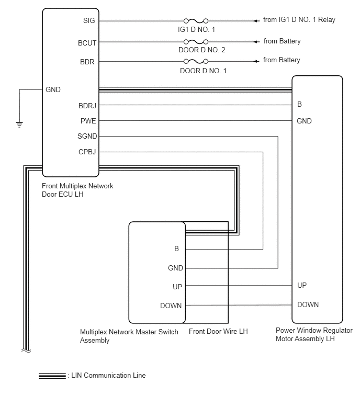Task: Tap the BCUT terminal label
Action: pos(86,42)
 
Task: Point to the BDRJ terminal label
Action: pos(86,105)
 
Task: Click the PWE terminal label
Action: pos(87,121)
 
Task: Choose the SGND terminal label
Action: pos(86,137)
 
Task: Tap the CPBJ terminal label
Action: pos(86,152)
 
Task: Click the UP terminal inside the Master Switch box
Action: pos(177,287)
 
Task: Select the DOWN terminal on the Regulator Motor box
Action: pos(308,304)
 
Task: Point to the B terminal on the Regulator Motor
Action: pos(300,105)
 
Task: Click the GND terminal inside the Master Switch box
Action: pos(175,268)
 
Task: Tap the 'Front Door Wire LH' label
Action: pos(218,332)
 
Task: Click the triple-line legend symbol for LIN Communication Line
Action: pos(51,375)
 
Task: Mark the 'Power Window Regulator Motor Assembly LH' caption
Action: pos(314,334)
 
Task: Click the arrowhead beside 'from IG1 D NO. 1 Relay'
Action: pos(256,21)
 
